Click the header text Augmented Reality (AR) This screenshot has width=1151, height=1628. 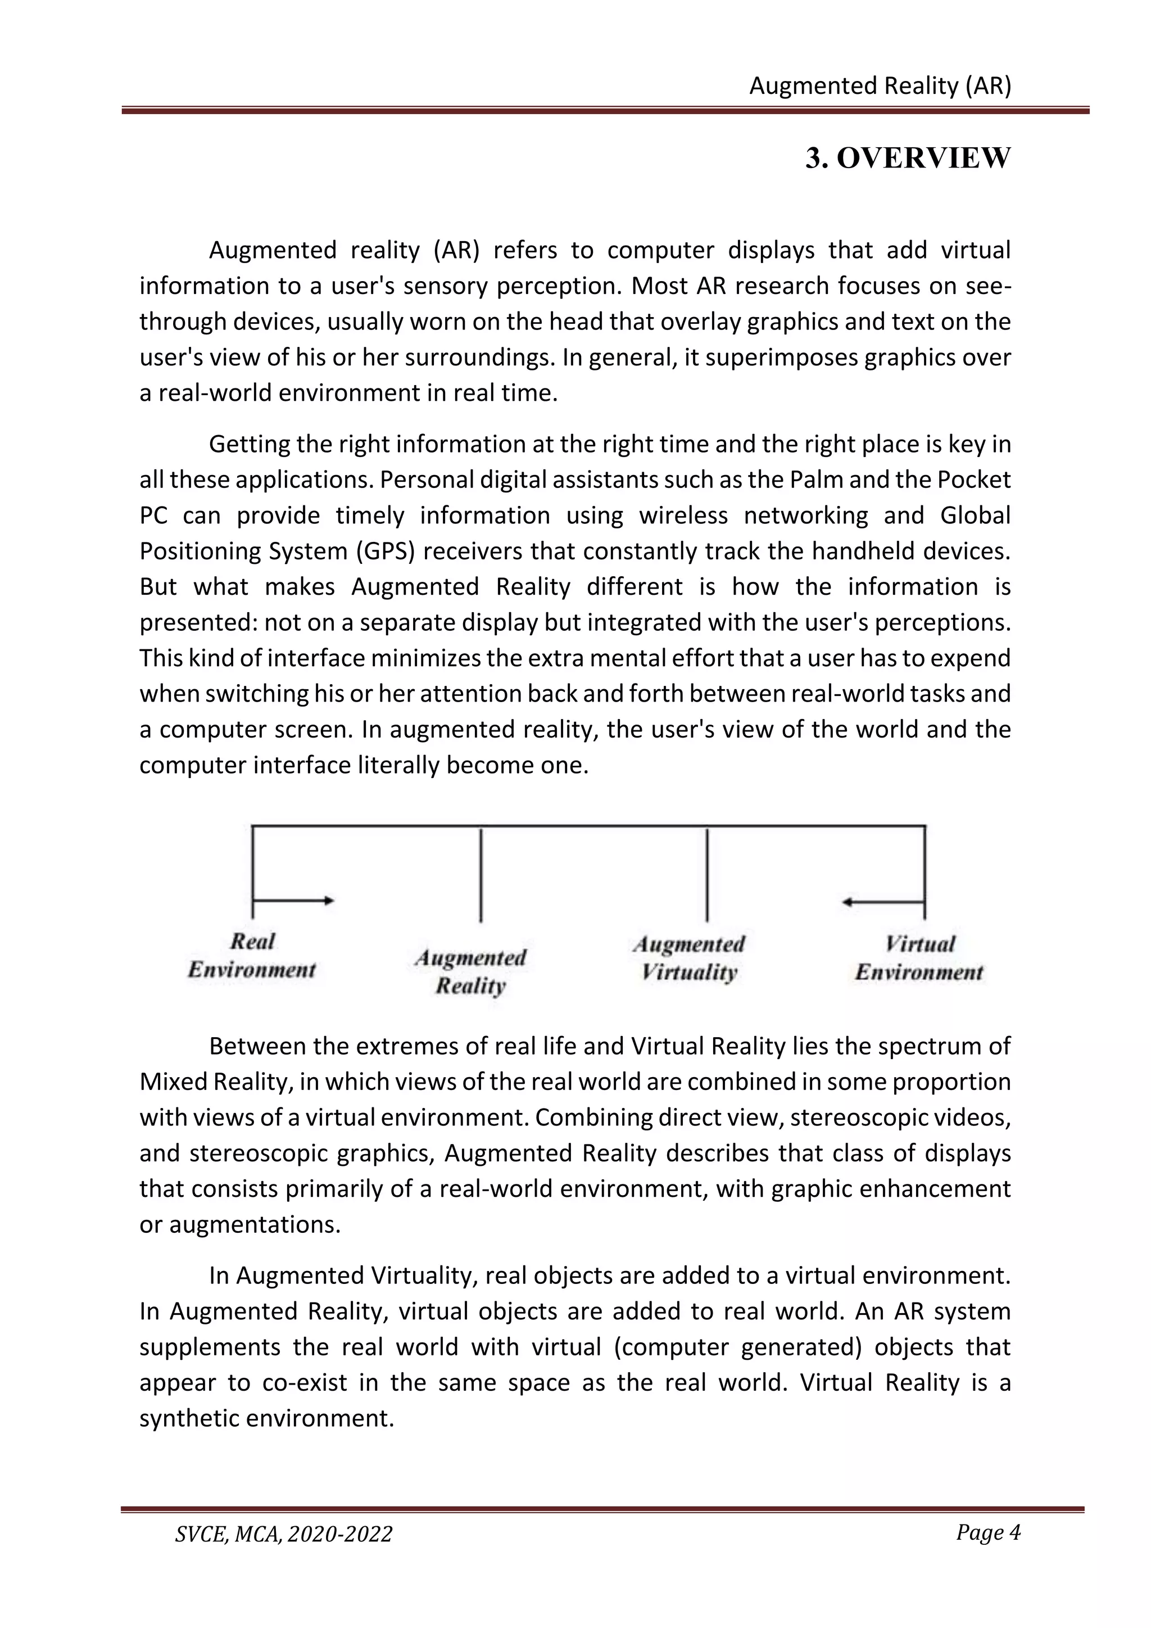880,86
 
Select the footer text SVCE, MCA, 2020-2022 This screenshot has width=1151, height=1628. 283,1534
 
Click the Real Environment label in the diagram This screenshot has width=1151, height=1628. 252,956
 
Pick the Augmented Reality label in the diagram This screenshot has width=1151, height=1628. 470,972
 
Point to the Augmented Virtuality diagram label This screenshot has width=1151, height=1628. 689,958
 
